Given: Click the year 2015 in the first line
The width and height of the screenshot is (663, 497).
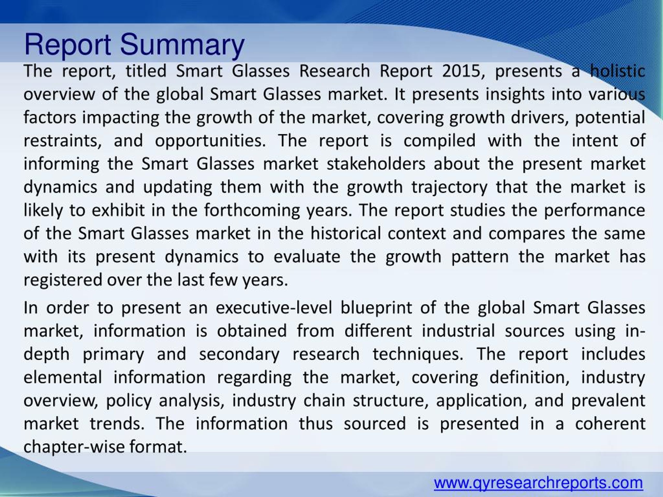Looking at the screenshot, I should pos(461,71).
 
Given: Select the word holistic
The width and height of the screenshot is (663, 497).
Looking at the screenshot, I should pos(617,71).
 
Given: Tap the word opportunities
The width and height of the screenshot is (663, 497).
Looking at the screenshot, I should pos(210,141).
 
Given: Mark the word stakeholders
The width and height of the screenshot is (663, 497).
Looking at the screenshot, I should pos(376,164).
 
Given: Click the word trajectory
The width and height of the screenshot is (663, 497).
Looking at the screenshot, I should pos(449,187).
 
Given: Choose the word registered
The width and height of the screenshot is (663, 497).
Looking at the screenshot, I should pos(63,280).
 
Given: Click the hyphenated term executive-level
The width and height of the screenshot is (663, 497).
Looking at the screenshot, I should pos(274,308).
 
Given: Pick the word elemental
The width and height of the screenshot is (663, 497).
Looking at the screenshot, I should pos(63,377).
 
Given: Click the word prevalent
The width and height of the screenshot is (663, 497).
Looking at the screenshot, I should pos(608,401).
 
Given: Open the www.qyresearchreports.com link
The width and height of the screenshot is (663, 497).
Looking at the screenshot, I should pos(538,483).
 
